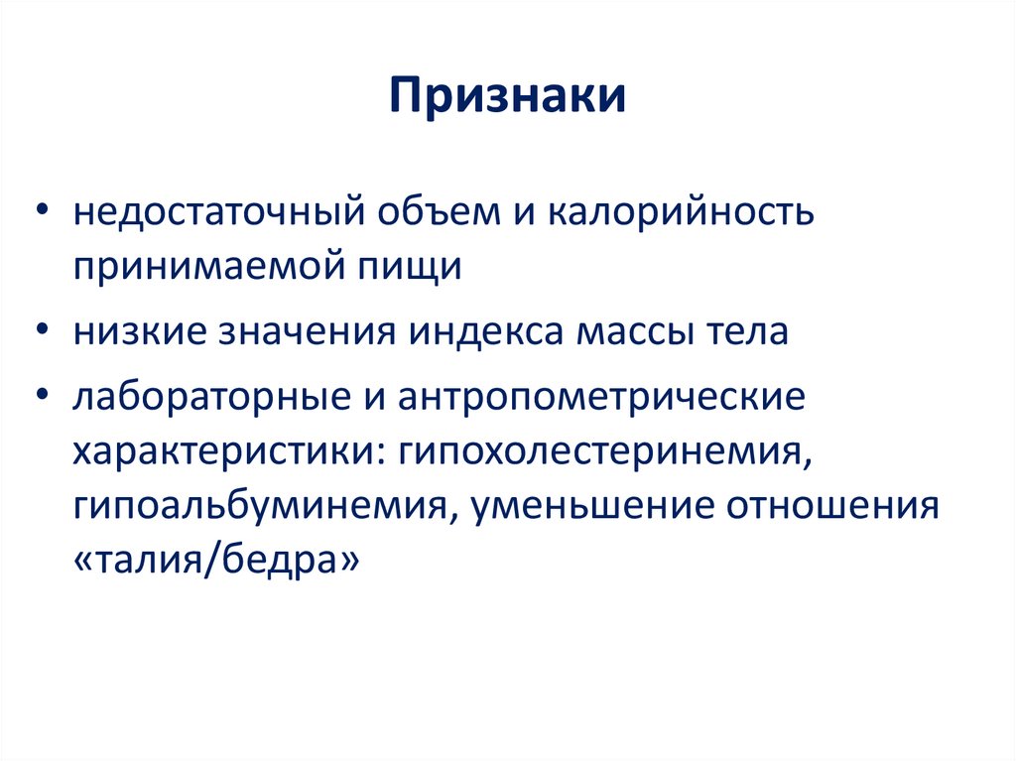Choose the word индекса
click(x=476, y=331)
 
